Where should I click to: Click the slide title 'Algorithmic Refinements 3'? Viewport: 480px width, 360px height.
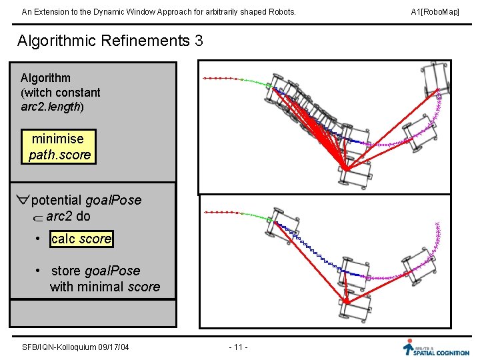(110, 41)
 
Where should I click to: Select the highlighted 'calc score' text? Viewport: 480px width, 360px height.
(81, 239)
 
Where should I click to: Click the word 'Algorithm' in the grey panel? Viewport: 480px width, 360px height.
(45, 78)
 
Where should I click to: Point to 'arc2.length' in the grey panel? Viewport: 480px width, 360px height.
(51, 107)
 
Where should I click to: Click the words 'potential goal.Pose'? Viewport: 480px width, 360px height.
(86, 200)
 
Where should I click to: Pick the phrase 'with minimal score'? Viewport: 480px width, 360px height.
(105, 287)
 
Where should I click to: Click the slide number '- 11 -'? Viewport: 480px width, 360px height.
(238, 347)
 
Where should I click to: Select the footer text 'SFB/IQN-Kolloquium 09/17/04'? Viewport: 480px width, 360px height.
(75, 347)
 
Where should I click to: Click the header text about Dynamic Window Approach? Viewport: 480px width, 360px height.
(159, 12)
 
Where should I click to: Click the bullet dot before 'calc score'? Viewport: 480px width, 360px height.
(40, 239)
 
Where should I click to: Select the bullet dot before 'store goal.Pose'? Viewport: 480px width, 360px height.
(40, 271)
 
